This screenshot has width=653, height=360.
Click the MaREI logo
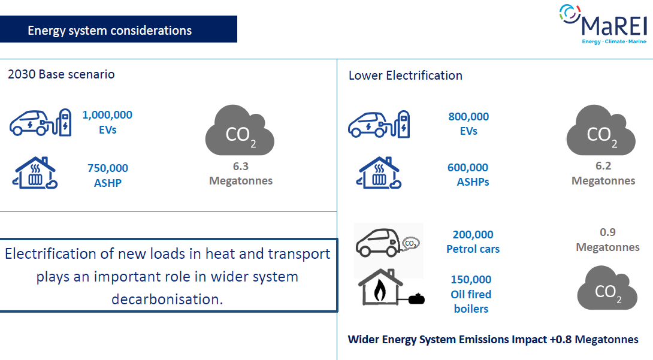tap(603, 24)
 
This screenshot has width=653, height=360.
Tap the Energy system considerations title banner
tap(118, 29)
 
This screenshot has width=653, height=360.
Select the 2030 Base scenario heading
tap(61, 74)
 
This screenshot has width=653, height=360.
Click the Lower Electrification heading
tap(405, 75)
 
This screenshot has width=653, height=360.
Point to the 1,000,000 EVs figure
tap(107, 122)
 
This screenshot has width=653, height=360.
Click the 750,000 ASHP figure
tap(107, 176)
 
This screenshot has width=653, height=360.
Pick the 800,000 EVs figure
tap(468, 123)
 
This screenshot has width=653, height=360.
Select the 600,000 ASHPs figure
tap(468, 174)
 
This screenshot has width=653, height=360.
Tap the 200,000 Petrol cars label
tap(473, 241)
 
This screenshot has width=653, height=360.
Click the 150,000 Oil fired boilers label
tap(471, 294)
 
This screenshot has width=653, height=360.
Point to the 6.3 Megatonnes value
tap(241, 173)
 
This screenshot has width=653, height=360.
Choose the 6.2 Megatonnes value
tap(603, 173)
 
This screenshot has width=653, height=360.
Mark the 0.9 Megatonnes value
tap(607, 240)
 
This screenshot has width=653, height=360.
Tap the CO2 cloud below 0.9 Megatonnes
tap(607, 288)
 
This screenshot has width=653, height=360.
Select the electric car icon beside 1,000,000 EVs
tap(40, 123)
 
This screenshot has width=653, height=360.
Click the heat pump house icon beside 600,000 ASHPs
tap(379, 173)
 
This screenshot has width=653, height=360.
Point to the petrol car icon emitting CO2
tap(387, 243)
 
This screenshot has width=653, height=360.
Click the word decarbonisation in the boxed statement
tap(167, 300)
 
